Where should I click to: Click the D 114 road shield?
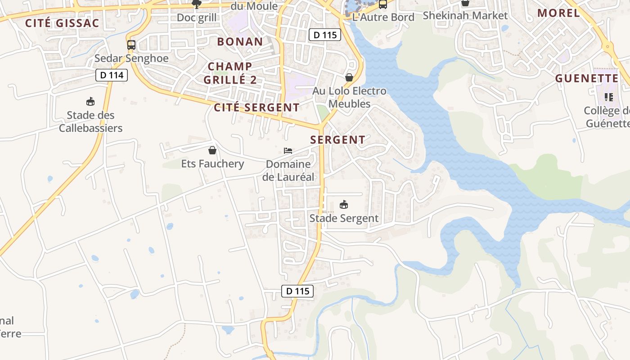(x=112, y=75)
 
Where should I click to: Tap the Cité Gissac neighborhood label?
(x=62, y=23)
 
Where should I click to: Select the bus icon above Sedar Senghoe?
(x=131, y=45)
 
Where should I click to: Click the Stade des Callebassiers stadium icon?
(x=90, y=101)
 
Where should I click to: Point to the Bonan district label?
(x=240, y=42)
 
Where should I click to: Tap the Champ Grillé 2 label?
(x=230, y=73)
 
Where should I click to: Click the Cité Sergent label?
(x=256, y=108)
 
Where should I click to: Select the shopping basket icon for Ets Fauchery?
(x=212, y=150)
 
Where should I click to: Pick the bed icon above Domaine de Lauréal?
(x=288, y=150)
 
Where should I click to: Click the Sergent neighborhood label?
(x=338, y=140)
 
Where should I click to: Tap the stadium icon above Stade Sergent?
(x=344, y=205)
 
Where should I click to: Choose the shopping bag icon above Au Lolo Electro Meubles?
(x=349, y=77)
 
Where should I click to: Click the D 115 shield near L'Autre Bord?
(x=325, y=35)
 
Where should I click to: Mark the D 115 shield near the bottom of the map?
(x=297, y=291)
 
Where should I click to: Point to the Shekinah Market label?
(x=465, y=16)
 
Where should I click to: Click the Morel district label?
(x=559, y=13)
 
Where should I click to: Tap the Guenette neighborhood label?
(x=587, y=79)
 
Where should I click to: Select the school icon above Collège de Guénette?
(x=609, y=97)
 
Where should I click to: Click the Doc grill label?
(x=197, y=18)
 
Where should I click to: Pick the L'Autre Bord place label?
(x=383, y=18)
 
